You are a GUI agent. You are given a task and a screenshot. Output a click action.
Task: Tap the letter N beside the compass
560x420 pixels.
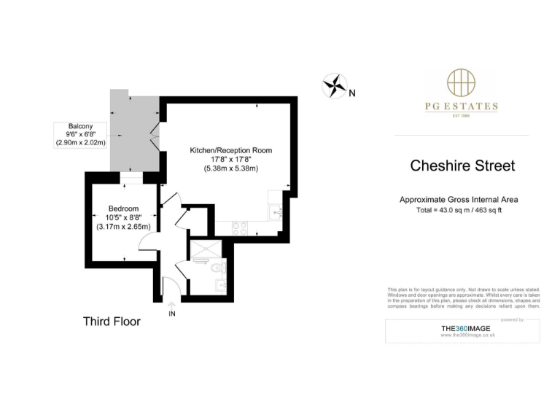(x=351, y=93)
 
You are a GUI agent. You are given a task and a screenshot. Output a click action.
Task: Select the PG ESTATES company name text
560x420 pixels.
(x=462, y=106)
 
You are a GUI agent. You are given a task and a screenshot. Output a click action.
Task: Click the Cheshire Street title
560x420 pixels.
(x=463, y=166)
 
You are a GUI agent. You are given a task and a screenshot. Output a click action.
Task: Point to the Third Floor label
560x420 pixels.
(x=112, y=321)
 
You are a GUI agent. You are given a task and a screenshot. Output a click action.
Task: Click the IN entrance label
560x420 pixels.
(x=172, y=314)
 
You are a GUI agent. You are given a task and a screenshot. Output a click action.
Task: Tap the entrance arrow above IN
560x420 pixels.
(x=172, y=304)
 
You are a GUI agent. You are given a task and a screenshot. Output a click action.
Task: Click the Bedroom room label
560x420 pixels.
(x=123, y=208)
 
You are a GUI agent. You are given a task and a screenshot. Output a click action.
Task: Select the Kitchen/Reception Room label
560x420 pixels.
(x=230, y=150)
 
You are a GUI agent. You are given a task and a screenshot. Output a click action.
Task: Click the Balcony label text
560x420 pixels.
(x=80, y=125)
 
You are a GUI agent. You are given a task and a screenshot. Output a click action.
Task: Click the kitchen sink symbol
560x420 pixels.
(x=275, y=212)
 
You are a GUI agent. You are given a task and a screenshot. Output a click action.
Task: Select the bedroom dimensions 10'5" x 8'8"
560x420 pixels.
(x=123, y=217)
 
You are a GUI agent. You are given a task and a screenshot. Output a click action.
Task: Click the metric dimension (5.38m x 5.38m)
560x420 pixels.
(x=230, y=168)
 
